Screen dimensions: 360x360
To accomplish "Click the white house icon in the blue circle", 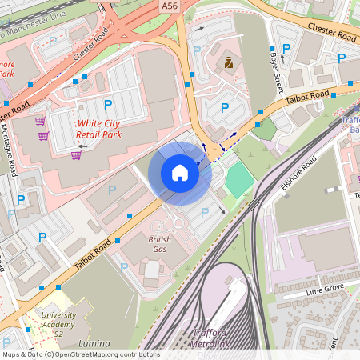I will pos(180,173).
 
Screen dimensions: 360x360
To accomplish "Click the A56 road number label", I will pos(169,6).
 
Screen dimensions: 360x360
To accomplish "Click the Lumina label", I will pos(95,342).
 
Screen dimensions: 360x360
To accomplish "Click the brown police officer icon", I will pos(229,62).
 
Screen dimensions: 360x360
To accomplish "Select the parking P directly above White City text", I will pos(108,104).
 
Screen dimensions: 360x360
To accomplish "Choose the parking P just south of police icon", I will pos(225,106).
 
